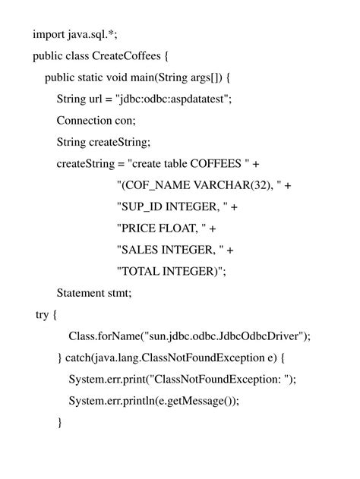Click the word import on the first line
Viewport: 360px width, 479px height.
pos(48,34)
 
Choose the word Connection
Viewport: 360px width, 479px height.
pos(85,121)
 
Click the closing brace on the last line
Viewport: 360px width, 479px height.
pos(59,422)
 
